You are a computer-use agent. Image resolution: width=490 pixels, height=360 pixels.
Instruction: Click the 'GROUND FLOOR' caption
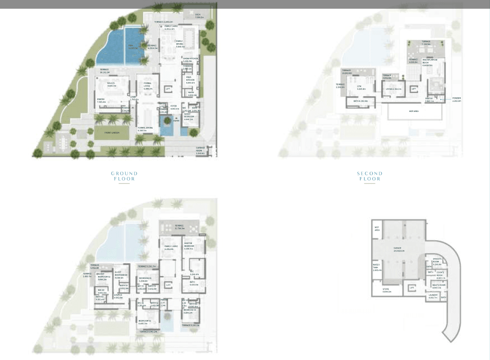click(x=124, y=176)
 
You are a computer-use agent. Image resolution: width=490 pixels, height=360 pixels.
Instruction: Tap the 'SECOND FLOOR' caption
click(x=369, y=176)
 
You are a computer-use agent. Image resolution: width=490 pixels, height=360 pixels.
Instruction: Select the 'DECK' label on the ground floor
click(x=198, y=16)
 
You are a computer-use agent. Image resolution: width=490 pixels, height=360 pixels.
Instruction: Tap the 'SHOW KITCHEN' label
click(x=190, y=59)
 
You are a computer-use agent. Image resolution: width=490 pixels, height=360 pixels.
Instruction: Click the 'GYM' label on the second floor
click(x=359, y=88)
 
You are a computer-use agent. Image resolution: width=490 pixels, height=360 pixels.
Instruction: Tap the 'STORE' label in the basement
click(x=386, y=289)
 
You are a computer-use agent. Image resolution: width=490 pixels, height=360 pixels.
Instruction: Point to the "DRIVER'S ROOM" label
click(x=436, y=263)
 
